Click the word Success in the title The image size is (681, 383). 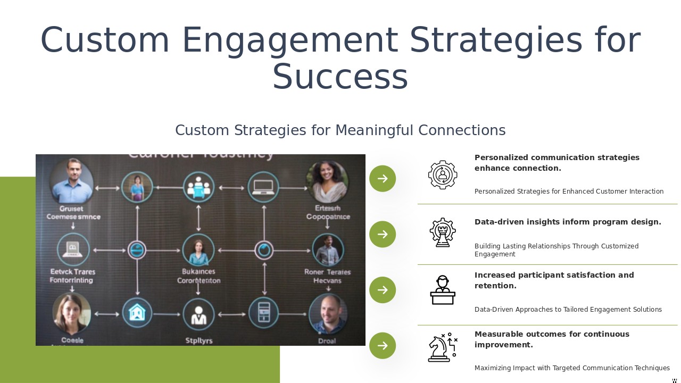tap(340, 77)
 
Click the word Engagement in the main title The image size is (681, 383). tap(290, 40)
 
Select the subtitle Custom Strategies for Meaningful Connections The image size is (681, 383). tap(340, 130)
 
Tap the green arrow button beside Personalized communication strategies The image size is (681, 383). tap(383, 179)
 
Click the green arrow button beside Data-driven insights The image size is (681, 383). tap(383, 234)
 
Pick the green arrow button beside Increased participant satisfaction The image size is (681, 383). tap(383, 290)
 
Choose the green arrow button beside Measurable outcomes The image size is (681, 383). tap(383, 346)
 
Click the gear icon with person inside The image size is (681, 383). tap(443, 175)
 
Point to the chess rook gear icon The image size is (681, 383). tap(443, 232)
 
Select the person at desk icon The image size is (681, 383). tap(443, 290)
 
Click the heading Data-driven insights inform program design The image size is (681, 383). tap(568, 222)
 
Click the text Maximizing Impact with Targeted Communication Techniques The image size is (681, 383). tap(572, 368)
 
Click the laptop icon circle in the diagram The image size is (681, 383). tap(263, 187)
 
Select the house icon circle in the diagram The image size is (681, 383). tap(137, 313)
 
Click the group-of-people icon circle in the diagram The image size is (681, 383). tap(199, 187)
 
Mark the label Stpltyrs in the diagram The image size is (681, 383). tap(199, 340)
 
